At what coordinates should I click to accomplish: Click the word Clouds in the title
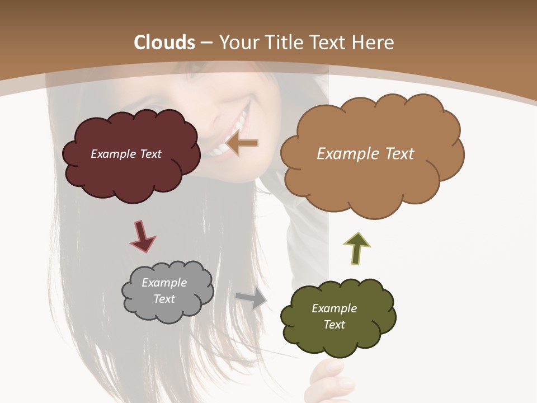click(164, 43)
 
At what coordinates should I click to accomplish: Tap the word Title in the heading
click(282, 43)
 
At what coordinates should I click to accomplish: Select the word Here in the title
click(373, 43)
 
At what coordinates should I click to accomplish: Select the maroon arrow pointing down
click(142, 236)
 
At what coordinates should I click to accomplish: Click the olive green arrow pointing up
click(357, 248)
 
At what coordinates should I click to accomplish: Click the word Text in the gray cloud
click(164, 299)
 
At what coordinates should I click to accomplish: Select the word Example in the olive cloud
click(334, 308)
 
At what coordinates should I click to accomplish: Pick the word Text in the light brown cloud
click(396, 154)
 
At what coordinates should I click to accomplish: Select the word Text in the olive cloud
click(334, 325)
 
